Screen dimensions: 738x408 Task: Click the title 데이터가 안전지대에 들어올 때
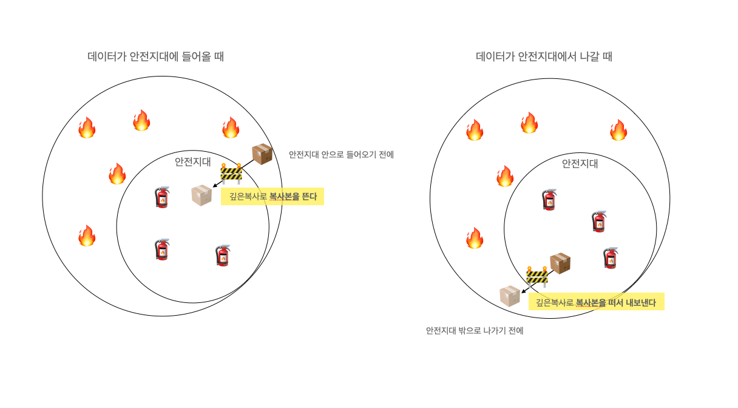click(156, 57)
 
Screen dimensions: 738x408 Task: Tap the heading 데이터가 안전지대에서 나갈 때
click(544, 57)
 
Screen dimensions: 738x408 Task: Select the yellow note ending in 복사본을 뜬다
click(273, 196)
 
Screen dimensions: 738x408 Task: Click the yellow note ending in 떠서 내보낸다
click(596, 302)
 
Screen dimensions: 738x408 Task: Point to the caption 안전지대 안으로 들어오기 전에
click(341, 155)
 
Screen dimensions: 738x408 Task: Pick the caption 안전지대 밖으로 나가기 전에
click(475, 331)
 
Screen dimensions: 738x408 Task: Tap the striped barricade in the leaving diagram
click(537, 276)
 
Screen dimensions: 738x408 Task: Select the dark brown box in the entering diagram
click(262, 154)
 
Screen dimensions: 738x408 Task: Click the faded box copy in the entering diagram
click(201, 195)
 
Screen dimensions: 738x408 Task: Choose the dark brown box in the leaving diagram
click(560, 263)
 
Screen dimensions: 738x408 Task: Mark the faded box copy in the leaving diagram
click(510, 296)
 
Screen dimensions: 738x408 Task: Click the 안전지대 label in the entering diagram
click(193, 161)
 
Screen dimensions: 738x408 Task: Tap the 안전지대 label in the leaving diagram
click(580, 163)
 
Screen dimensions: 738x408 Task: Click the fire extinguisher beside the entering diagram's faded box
click(162, 197)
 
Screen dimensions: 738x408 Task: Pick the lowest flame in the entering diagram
click(87, 236)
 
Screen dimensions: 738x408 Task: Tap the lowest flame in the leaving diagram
click(475, 238)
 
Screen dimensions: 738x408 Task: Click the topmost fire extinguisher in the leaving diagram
click(549, 200)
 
